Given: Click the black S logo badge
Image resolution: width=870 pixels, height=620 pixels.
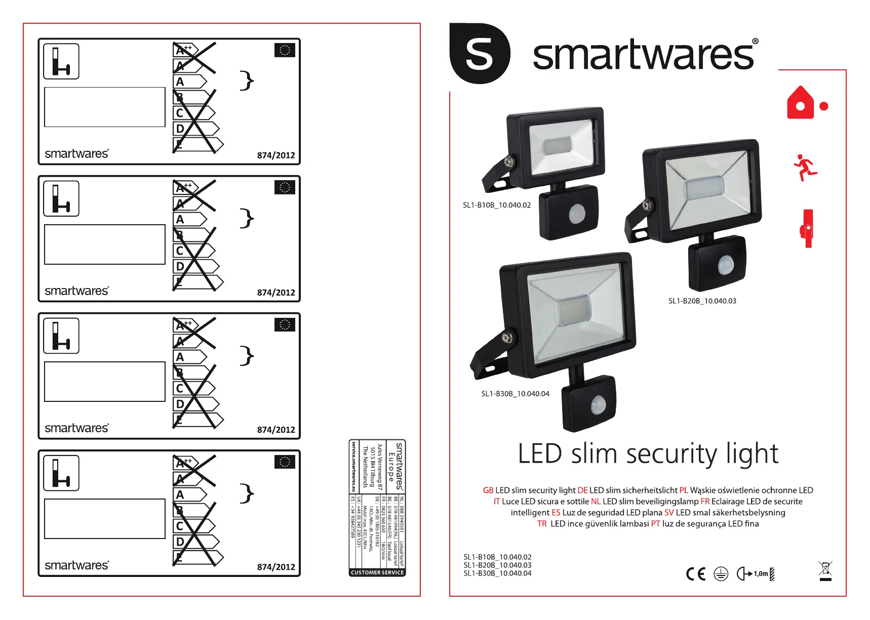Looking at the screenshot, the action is coord(479,53).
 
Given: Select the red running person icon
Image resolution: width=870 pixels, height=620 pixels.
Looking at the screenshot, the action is coord(805,167).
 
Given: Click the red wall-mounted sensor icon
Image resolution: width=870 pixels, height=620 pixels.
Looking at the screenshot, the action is coord(807,229).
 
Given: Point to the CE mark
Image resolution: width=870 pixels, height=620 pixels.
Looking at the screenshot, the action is coord(695,573).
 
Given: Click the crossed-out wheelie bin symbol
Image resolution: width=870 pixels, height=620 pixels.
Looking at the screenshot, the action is coord(825,570).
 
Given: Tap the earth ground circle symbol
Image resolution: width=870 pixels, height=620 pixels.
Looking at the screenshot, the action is coord(721,573).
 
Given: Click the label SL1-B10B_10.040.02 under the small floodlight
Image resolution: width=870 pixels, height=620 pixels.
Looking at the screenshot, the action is coord(496,205).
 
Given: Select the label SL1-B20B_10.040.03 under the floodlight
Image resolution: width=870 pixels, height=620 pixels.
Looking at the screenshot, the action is coord(702,301).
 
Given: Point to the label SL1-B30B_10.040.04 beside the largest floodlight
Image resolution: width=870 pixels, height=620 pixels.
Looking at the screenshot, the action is coord(515,394).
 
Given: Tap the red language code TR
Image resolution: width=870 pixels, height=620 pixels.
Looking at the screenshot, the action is coord(542,524).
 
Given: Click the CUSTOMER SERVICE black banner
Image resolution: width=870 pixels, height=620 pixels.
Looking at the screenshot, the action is coord(377,572).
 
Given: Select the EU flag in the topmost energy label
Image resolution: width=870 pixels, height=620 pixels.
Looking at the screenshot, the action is coord(285,50).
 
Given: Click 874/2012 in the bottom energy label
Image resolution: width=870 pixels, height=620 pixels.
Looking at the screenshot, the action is coord(276,567).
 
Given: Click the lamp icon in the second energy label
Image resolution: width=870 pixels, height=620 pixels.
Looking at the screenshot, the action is coord(61,198).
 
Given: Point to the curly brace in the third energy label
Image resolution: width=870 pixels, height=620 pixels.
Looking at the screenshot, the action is coord(247,355).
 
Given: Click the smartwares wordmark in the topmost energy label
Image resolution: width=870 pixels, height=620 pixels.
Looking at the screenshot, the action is coord(76,154).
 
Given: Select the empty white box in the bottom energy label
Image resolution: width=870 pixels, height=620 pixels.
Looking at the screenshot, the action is coord(105,519).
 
